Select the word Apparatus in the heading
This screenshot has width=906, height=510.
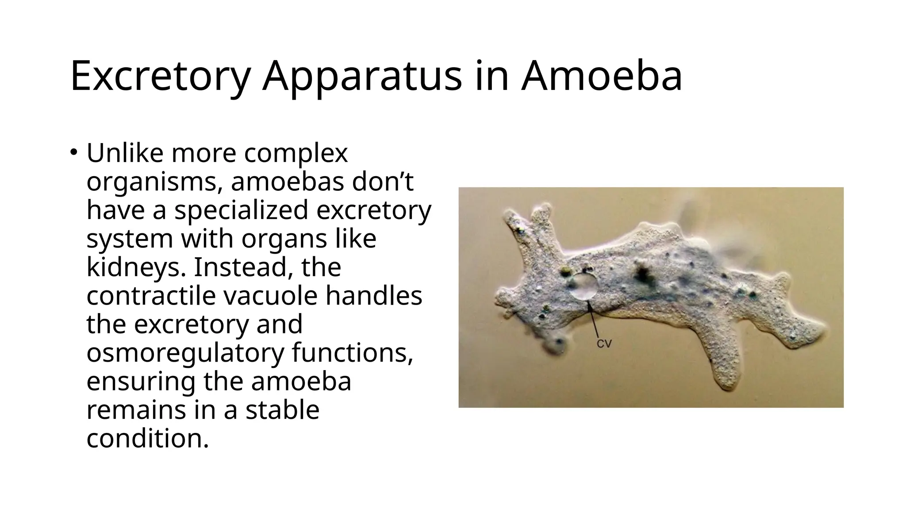361,77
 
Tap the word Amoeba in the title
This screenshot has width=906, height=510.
601,77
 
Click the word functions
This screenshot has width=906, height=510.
352,353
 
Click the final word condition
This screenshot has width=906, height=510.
147,438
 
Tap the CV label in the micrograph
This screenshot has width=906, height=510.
604,344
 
